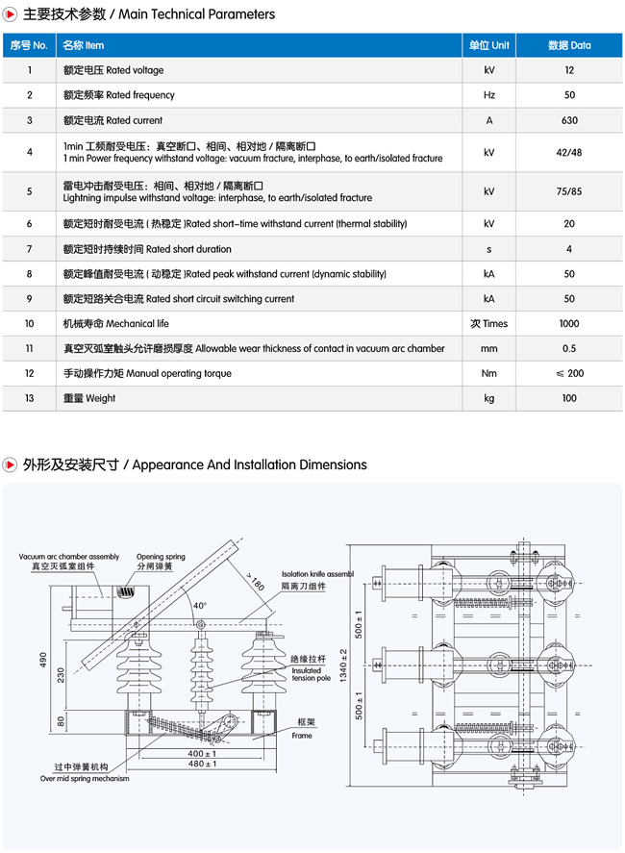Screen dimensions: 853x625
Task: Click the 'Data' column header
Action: pos(569,45)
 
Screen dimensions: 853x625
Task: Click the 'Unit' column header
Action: pos(489,45)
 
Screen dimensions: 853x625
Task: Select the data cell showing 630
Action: pos(569,120)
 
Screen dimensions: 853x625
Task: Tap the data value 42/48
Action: pos(569,153)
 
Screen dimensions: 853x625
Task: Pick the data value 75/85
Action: pos(569,191)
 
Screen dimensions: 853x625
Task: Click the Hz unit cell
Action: pos(489,95)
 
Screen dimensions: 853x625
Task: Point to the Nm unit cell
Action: pos(489,373)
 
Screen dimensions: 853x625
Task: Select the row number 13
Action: pos(30,398)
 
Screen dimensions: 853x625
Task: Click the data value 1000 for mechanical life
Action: pos(569,324)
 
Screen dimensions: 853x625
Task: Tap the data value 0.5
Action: pos(569,348)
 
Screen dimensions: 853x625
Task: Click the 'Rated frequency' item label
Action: pos(119,95)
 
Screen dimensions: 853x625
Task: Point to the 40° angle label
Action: pos(199,606)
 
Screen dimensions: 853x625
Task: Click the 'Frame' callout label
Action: pos(302,736)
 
